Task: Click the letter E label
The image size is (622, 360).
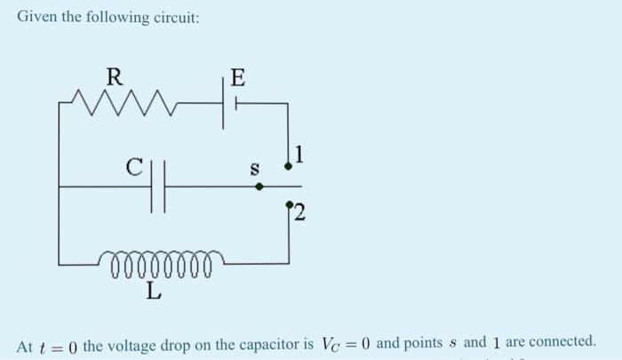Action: pyautogui.click(x=235, y=76)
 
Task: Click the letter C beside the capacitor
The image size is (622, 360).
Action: pyautogui.click(x=134, y=165)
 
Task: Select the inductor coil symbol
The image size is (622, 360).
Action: pyautogui.click(x=161, y=263)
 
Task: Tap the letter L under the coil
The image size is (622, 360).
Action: pyautogui.click(x=154, y=290)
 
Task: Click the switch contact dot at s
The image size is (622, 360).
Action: pyautogui.click(x=259, y=187)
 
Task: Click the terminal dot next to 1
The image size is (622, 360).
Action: pyautogui.click(x=288, y=166)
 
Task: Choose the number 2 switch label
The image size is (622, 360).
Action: pyautogui.click(x=300, y=213)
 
